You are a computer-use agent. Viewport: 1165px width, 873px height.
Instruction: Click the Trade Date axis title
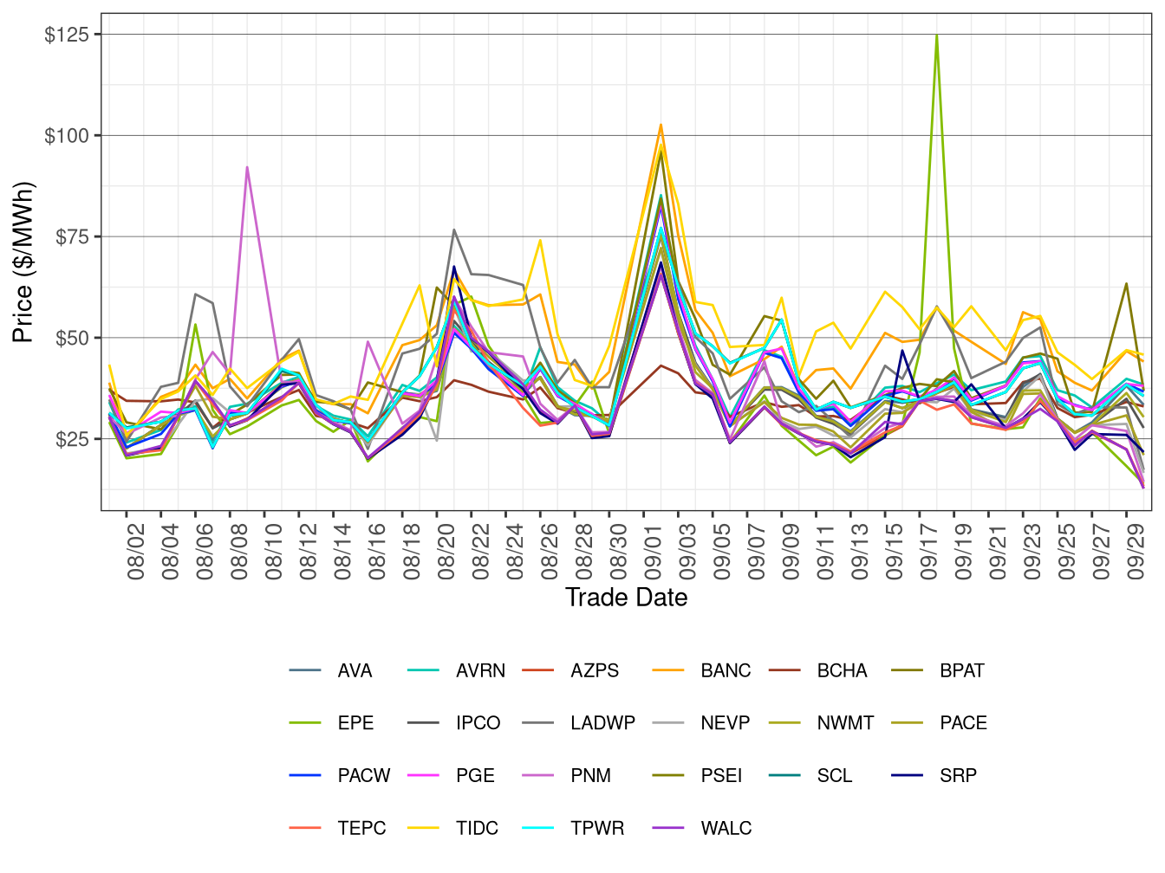pos(626,598)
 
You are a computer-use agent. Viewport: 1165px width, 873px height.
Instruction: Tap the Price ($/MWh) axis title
pos(23,262)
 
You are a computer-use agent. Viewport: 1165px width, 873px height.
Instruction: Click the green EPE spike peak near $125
pos(937,36)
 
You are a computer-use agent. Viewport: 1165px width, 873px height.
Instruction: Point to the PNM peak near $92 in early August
pos(247,167)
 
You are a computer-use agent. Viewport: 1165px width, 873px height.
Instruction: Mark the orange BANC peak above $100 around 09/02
pos(661,125)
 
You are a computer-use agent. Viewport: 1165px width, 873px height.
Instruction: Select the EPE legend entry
pos(355,723)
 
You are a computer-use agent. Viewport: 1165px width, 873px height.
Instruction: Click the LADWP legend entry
pos(602,723)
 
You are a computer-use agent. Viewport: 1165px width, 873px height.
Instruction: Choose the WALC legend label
pos(726,828)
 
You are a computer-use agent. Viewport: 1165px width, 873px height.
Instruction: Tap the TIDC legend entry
pos(477,828)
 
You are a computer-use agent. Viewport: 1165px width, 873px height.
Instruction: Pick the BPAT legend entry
pos(961,670)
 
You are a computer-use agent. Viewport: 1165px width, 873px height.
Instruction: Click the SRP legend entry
pos(958,775)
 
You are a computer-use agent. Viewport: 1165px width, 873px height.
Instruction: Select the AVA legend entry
pos(355,670)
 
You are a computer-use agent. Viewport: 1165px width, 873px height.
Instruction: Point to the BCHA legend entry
pos(841,670)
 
